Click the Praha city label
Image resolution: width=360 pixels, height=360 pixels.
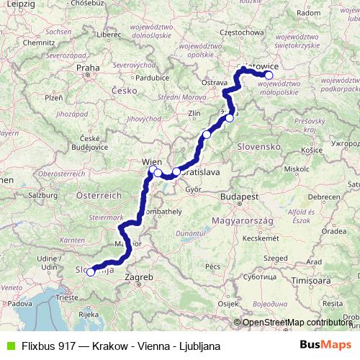[87, 68]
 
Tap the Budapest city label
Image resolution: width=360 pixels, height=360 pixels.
[240, 197]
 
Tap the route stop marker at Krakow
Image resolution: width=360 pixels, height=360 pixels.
[269, 75]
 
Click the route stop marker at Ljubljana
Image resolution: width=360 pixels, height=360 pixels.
[90, 272]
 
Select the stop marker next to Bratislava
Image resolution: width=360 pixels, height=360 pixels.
[176, 171]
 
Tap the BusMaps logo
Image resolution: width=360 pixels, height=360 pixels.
[326, 345]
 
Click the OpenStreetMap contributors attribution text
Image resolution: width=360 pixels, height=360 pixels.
[297, 323]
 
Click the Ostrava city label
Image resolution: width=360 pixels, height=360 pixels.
[214, 83]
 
